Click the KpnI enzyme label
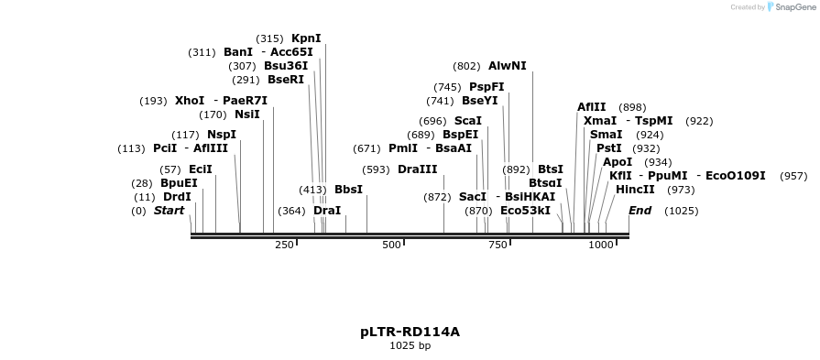coord(306,38)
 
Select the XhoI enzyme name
coord(190,101)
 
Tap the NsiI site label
coord(247,115)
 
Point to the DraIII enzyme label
coord(418,169)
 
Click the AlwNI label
coord(508,66)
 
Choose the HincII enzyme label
coord(635,190)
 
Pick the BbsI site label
coord(348,190)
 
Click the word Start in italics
coord(169,211)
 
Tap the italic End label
coord(640,211)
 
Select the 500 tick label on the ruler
coord(391,245)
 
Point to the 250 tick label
coord(284,245)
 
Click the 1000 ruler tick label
coord(601,245)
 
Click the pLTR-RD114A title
coord(410,332)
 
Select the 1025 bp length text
coord(410,346)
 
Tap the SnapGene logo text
coord(793,7)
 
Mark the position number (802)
coord(466,66)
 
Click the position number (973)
coord(681,190)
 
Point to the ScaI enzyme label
coord(468,121)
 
